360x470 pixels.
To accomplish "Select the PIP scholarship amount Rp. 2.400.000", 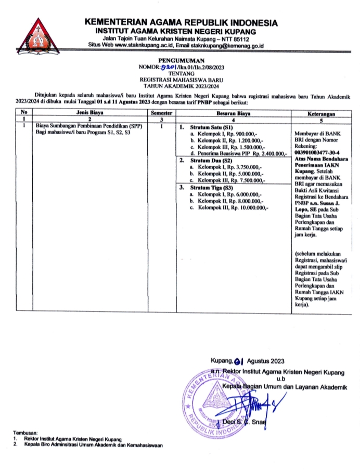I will [x=267, y=154].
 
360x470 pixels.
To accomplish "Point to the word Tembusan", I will [x=27, y=433].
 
